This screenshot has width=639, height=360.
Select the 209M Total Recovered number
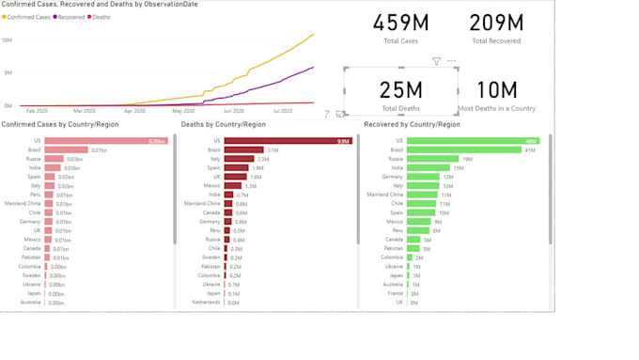click(497, 23)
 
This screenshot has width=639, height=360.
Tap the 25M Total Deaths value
click(401, 90)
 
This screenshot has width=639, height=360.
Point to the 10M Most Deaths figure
click(497, 90)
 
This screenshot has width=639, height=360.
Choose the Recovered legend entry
click(71, 17)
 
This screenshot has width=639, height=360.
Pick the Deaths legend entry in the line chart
click(101, 17)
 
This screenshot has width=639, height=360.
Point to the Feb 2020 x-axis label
click(37, 111)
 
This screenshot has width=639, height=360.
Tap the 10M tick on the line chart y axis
click(7, 40)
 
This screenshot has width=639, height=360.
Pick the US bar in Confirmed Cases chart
click(106, 141)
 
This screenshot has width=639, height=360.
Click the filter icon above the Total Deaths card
click(436, 61)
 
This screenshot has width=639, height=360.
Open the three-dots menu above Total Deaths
click(451, 61)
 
